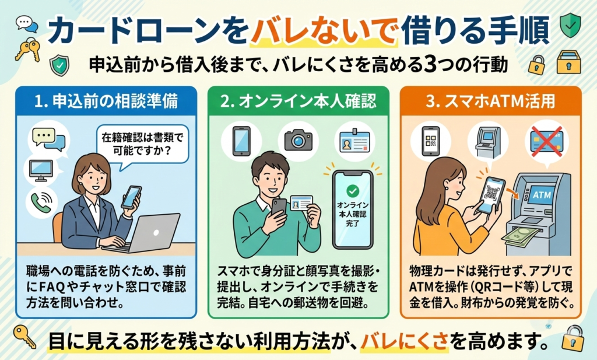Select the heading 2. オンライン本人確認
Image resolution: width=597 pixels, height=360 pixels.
(x=298, y=101)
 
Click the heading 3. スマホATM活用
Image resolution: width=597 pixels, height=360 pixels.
(x=493, y=101)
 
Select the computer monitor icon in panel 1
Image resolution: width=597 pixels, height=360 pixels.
(x=40, y=170)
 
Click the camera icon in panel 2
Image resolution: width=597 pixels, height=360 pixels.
(x=298, y=140)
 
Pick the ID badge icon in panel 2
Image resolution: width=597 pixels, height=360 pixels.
(x=353, y=141)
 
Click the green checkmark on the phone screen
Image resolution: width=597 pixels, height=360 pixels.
(x=352, y=190)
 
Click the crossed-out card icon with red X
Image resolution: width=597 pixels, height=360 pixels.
(x=546, y=141)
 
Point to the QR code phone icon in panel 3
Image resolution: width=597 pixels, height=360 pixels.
(x=431, y=141)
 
